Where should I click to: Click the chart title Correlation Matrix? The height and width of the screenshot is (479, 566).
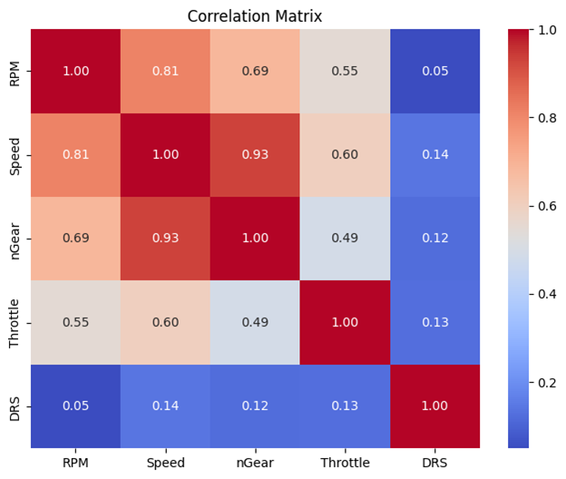tap(254, 15)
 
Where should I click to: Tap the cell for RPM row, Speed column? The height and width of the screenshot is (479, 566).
tap(165, 70)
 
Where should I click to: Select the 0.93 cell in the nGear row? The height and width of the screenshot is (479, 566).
tap(165, 238)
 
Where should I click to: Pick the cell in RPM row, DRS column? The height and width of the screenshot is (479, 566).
tap(434, 70)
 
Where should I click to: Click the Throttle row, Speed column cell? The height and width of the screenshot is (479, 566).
tap(165, 322)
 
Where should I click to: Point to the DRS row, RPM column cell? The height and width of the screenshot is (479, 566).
tap(76, 406)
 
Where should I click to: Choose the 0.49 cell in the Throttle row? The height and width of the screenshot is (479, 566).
tap(255, 322)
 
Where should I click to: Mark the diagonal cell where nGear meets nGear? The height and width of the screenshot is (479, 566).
tap(255, 238)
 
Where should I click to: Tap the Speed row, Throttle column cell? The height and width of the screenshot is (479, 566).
tap(345, 154)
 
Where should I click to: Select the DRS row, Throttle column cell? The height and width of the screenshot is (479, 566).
tap(345, 406)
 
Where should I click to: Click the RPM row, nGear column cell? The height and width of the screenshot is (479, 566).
tap(255, 70)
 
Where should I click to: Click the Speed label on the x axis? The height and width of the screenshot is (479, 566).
tap(165, 463)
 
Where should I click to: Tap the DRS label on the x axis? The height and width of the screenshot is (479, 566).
tap(434, 463)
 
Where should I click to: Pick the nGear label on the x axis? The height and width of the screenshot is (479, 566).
tap(255, 463)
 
